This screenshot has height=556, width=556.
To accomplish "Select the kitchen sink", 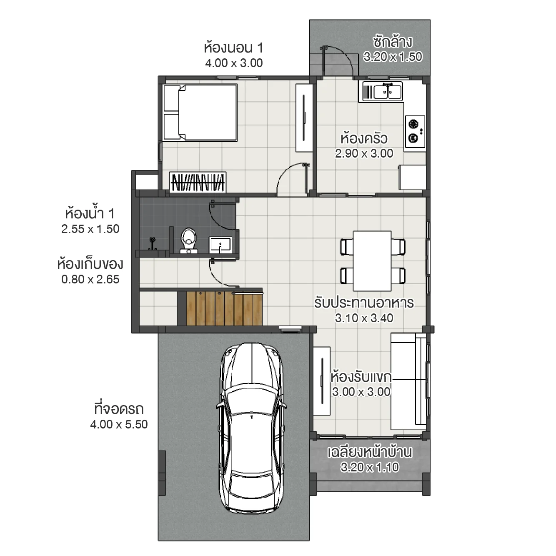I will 382,91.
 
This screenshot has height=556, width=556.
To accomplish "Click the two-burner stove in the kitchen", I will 415,131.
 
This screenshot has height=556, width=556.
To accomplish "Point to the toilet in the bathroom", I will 189,240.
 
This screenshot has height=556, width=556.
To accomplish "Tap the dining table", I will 372,261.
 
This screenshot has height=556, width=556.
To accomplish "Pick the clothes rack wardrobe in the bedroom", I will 198,182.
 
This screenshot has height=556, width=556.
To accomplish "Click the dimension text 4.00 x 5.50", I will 119,424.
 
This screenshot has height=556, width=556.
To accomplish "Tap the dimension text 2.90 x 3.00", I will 364,153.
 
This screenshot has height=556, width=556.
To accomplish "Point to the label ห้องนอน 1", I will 233,48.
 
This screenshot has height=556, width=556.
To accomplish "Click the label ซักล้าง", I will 392,42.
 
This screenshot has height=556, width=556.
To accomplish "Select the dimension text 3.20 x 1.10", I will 369,467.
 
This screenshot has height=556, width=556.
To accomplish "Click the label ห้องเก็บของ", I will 90,264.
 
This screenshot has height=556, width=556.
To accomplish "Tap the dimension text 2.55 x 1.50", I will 90,229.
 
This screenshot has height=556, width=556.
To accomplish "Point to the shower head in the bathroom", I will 153,241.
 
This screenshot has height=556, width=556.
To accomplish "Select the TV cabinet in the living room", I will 322,381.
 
